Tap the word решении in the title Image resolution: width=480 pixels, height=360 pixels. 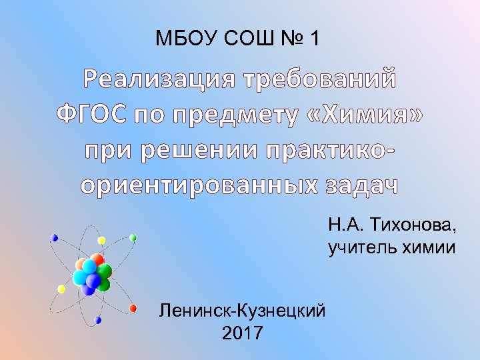click(199, 150)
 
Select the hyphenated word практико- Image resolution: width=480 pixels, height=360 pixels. click(330, 150)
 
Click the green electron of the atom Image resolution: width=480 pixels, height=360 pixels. click(133, 237)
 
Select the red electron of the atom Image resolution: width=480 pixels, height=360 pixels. click(133, 308)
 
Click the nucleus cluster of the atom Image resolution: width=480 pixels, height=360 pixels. click(92, 273)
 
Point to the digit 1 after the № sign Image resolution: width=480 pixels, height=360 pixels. click(314, 39)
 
